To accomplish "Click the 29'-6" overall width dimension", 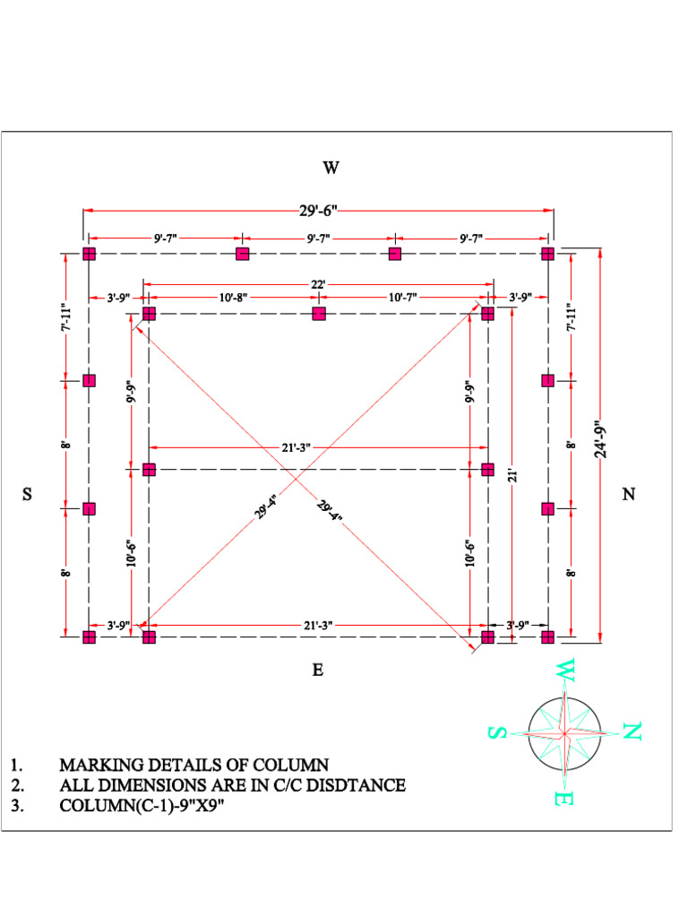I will [x=317, y=211].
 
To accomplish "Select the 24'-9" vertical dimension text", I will [x=600, y=439].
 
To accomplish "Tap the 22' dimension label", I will [x=318, y=283].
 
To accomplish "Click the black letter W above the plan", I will [x=331, y=168].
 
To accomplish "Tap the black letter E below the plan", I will [x=317, y=670].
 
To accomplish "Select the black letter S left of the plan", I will [x=28, y=494].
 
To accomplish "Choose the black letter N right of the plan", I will [x=629, y=494].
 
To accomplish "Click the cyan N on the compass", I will [x=632, y=732].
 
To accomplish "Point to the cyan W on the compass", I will [x=564, y=670].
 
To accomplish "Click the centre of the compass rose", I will [x=564, y=732].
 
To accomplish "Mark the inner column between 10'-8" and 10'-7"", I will [x=318, y=314].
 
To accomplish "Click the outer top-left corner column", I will [x=89, y=254].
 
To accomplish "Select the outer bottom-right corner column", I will [x=548, y=637].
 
